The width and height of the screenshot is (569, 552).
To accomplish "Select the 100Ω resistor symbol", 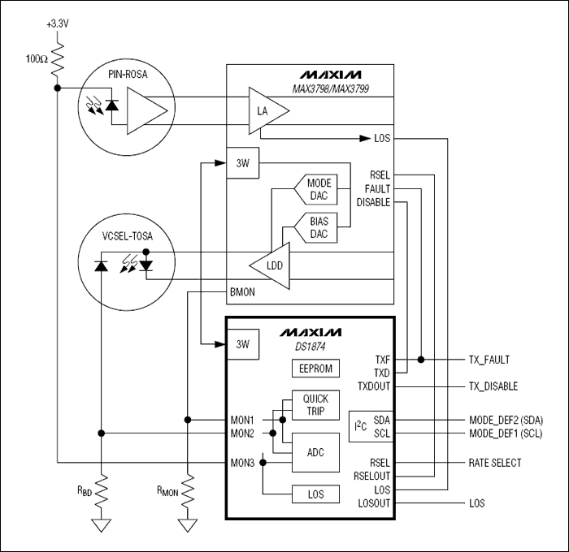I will [56, 58].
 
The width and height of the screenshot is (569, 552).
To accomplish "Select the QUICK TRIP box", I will [315, 404].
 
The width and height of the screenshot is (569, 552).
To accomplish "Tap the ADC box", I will [315, 451].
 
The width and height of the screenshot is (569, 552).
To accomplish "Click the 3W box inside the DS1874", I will [241, 344].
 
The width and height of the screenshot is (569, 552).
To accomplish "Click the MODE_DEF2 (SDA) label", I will [506, 420].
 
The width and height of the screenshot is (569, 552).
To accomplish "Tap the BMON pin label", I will [241, 291].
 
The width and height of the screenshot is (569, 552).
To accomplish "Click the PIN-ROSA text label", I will [128, 75].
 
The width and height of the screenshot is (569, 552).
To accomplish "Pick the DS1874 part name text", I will [310, 347].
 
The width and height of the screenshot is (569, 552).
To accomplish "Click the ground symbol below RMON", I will [188, 524].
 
